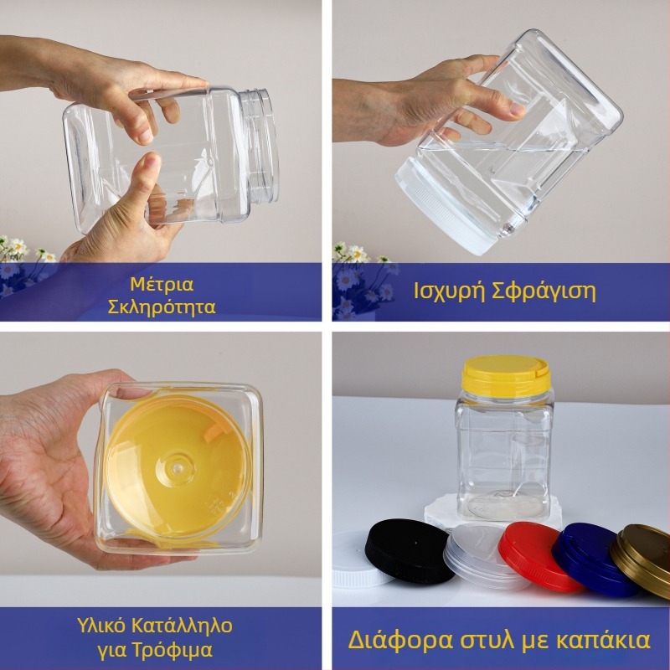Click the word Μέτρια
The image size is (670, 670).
162,284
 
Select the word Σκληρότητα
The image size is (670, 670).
162,307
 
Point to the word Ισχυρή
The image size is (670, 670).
449,292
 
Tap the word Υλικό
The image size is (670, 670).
101,626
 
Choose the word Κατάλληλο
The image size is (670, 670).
182,626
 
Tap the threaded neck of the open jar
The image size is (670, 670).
260,145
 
